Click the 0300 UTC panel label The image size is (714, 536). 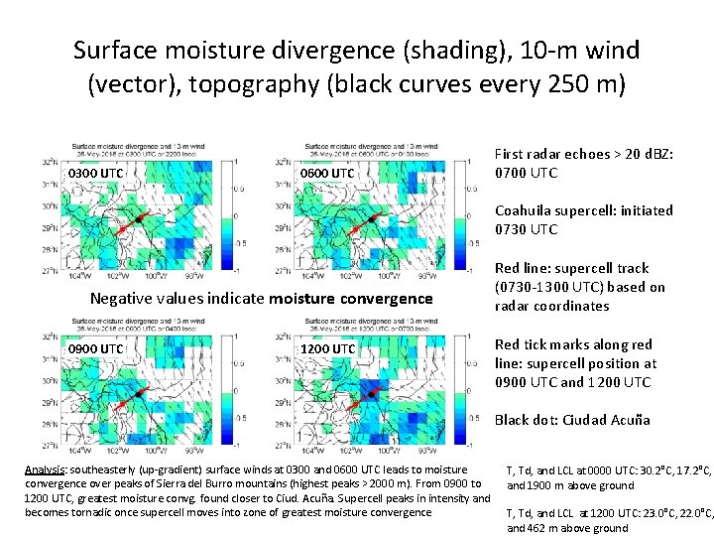[96, 175]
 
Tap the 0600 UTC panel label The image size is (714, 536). [327, 175]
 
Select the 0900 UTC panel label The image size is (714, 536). [96, 349]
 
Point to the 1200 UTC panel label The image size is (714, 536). [327, 349]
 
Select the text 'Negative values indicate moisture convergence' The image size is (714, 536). [262, 298]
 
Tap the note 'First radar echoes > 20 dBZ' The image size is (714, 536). [583, 154]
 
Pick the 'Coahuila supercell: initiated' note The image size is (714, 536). [583, 210]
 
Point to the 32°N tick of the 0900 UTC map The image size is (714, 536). [52, 336]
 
